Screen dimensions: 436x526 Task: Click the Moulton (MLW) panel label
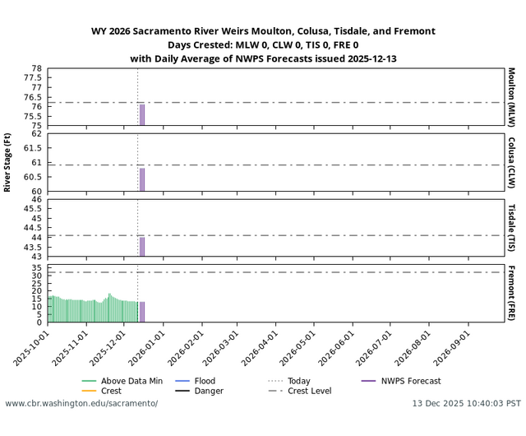click(511, 97)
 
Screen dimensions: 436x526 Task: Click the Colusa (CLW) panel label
click(511, 162)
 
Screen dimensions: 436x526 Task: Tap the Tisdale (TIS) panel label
click(511, 228)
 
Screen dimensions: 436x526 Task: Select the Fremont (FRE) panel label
click(511, 293)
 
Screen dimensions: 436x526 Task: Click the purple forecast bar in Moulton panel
click(142, 115)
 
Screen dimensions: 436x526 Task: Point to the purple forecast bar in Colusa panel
click(142, 179)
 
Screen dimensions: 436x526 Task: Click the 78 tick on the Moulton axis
click(37, 68)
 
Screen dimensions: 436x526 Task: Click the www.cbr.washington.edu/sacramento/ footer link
click(81, 404)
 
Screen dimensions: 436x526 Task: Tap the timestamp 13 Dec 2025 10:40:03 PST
click(466, 404)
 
